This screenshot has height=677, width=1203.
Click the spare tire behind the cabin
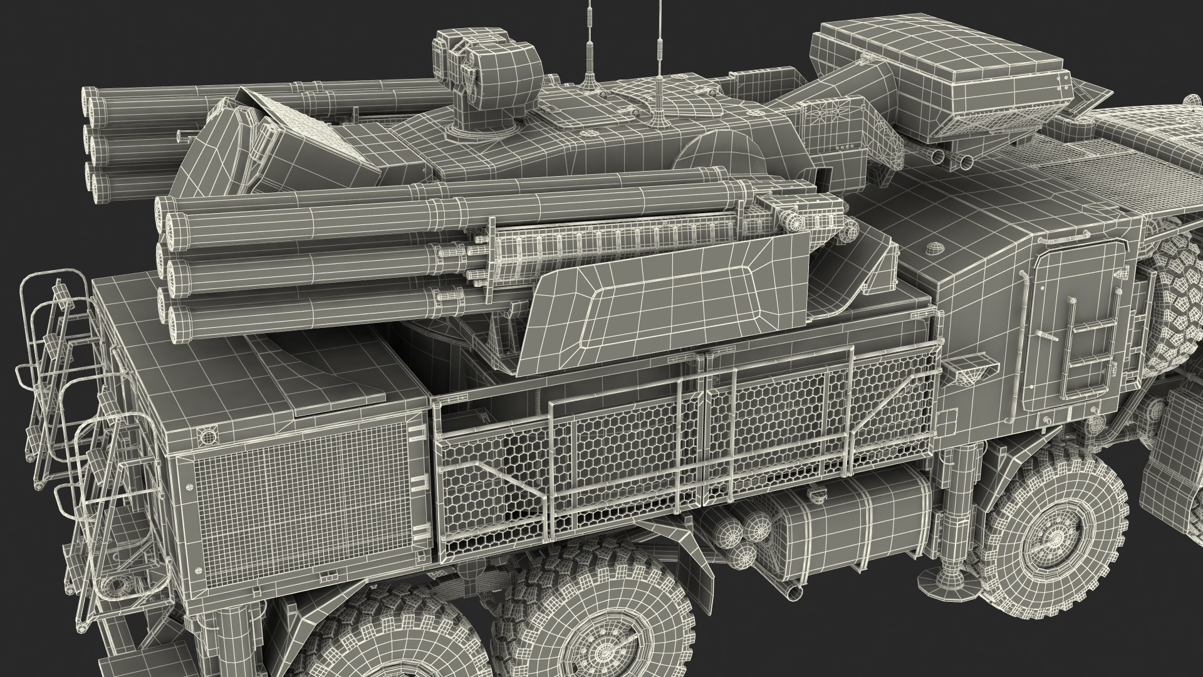click(x=1178, y=295)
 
